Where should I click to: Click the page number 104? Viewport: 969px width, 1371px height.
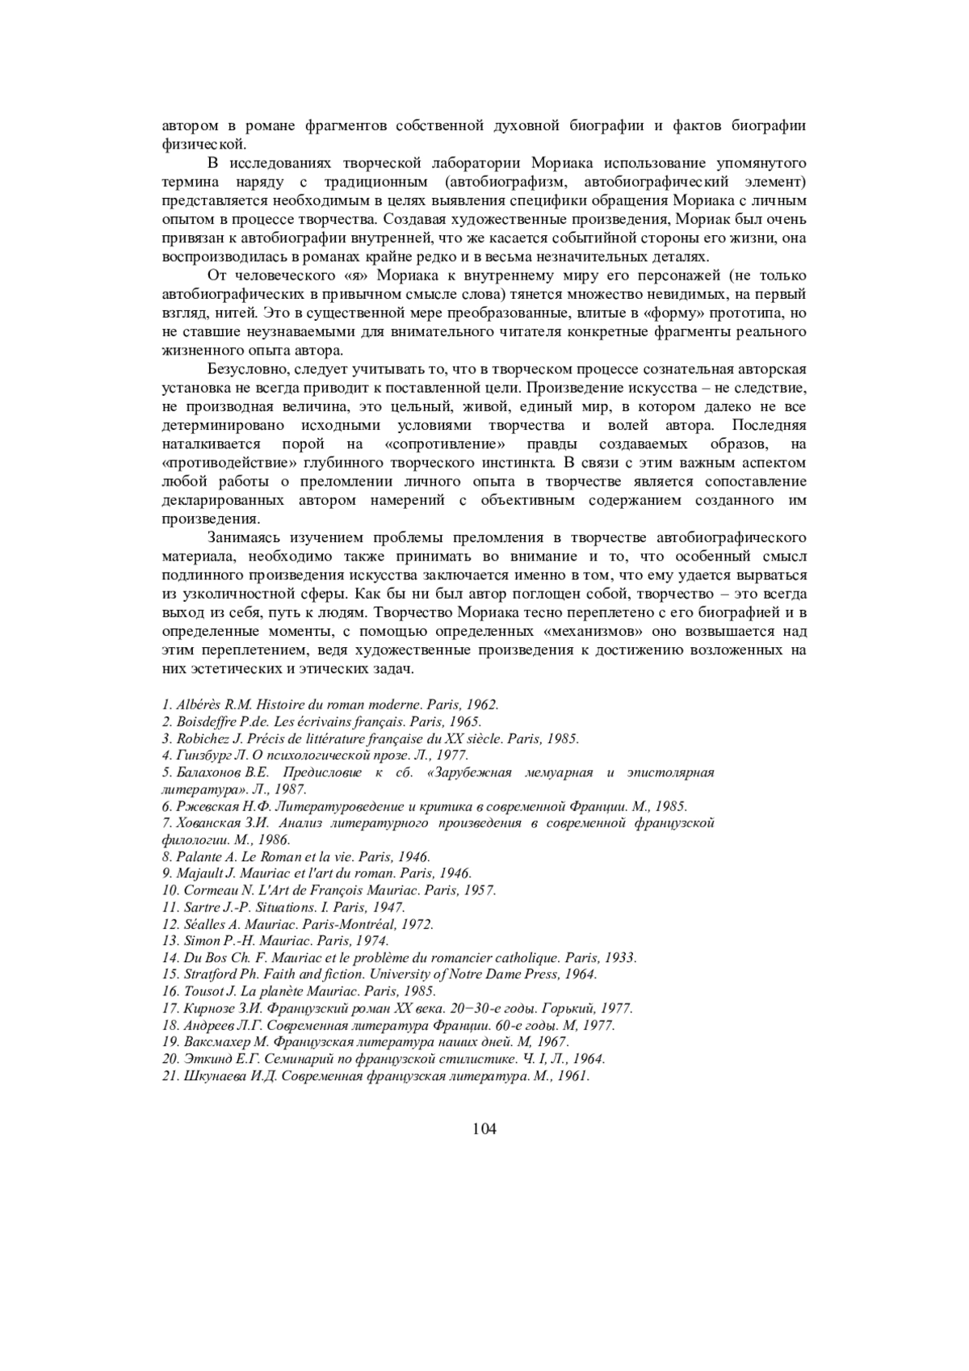tap(484, 1129)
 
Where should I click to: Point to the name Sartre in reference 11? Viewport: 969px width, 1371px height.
tap(201, 907)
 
